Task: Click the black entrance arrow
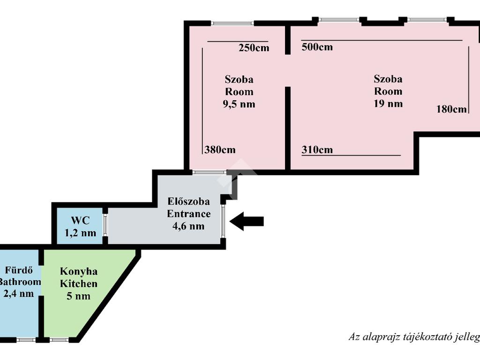click(247, 221)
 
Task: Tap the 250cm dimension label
click(254, 47)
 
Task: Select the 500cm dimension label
click(317, 47)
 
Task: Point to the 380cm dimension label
click(220, 150)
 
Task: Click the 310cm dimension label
click(317, 150)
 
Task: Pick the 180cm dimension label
click(451, 109)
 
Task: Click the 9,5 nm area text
click(239, 104)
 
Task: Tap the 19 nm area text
click(388, 104)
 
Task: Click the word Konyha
click(79, 271)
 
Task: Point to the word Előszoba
click(189, 202)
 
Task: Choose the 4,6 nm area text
click(189, 226)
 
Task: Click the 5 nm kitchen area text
click(79, 296)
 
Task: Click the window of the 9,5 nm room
click(232, 23)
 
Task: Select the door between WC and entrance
click(105, 226)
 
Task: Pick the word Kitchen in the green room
click(79, 284)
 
